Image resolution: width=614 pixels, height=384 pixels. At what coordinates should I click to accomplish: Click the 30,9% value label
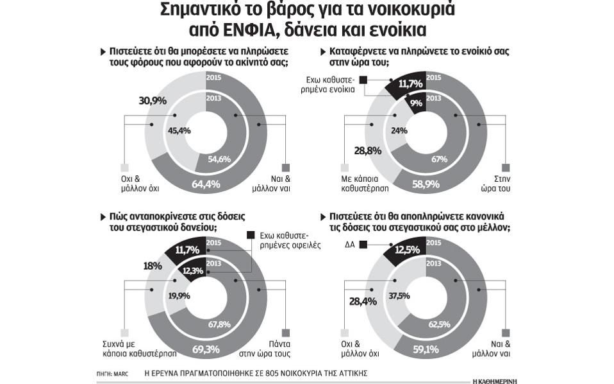click(x=153, y=101)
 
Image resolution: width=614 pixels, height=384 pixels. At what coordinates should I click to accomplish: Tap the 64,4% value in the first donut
click(x=206, y=184)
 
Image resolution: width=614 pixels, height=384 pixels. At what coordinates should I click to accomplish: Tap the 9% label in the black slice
click(x=415, y=102)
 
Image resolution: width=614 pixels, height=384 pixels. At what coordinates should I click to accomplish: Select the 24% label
click(x=399, y=130)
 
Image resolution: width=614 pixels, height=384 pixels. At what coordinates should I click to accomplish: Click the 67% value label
click(x=439, y=159)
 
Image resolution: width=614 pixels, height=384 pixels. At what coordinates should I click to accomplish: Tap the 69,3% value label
click(x=206, y=350)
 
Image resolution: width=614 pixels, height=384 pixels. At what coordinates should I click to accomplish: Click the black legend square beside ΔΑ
click(x=363, y=244)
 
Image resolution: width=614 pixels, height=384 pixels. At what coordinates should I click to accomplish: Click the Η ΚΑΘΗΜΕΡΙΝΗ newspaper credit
click(x=495, y=380)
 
